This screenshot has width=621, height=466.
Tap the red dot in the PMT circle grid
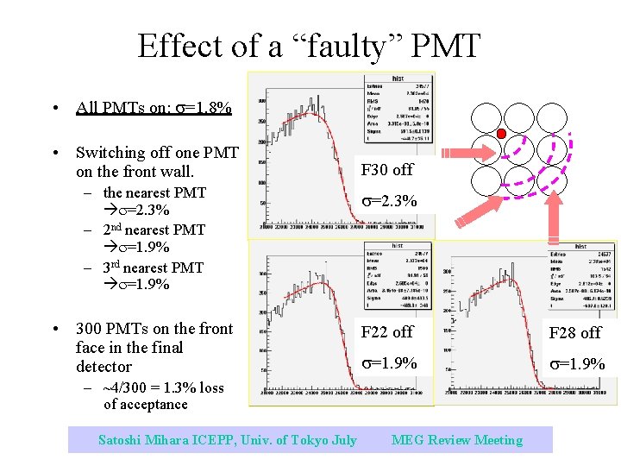[501, 134]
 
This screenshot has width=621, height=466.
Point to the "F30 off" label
[387, 170]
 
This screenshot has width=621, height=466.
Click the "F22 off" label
[387, 332]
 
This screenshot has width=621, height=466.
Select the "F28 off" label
[577, 333]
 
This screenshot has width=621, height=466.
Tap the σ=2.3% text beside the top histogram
[389, 200]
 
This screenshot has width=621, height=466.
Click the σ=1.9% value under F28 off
[577, 364]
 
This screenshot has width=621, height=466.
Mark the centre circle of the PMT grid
[518, 148]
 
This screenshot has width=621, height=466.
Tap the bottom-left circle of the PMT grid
[486, 179]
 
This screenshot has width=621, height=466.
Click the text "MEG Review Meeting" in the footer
[457, 440]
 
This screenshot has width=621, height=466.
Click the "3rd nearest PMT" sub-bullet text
[153, 268]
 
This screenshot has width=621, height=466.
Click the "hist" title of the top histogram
[398, 78]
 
